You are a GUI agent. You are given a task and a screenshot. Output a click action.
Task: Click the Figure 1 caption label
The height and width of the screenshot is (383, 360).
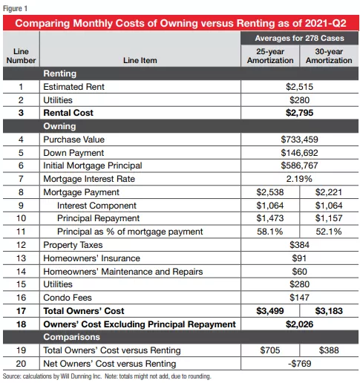point(15,8)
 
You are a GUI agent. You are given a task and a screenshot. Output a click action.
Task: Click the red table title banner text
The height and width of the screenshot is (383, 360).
point(180,23)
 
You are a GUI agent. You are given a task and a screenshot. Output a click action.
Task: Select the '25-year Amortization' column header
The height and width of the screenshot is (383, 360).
point(270,56)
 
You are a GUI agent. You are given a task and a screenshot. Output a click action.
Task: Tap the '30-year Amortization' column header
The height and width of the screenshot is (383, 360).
point(329,56)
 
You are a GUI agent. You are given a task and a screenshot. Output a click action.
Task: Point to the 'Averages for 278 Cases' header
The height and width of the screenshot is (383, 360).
point(299,38)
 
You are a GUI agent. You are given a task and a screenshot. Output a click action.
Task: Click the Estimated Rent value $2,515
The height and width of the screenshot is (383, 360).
point(299,87)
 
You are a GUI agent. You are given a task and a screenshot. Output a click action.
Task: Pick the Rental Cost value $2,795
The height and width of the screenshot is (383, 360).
point(299,113)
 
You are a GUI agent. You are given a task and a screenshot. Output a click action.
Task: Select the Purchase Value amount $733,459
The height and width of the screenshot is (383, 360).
point(299,140)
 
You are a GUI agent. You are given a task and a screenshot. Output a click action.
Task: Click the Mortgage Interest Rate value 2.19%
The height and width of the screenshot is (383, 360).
point(299,179)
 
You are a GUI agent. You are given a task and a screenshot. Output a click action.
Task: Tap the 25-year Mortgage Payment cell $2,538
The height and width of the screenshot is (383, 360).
point(270,192)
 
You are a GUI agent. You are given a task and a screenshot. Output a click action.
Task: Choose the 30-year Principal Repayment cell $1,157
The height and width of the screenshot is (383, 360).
point(329,218)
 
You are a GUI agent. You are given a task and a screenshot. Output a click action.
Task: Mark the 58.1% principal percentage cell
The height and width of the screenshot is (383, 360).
point(270,232)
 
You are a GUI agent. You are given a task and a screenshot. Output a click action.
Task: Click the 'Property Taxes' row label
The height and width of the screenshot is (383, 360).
point(73,245)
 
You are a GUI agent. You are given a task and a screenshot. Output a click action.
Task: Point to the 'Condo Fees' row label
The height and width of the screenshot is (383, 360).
point(68,298)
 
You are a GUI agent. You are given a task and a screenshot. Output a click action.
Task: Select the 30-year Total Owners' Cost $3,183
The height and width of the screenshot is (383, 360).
point(329,311)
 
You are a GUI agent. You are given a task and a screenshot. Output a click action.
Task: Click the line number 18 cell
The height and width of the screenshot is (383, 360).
point(21,324)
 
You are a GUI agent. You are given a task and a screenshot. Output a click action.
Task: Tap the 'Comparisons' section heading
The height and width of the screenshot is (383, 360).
point(72,337)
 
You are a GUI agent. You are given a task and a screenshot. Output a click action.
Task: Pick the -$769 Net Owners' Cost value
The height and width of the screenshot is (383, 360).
point(299,364)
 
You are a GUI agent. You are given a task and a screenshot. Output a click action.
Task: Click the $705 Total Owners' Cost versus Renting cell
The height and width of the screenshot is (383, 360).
point(270,350)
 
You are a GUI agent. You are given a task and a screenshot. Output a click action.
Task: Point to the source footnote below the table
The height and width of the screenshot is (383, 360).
point(107,376)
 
